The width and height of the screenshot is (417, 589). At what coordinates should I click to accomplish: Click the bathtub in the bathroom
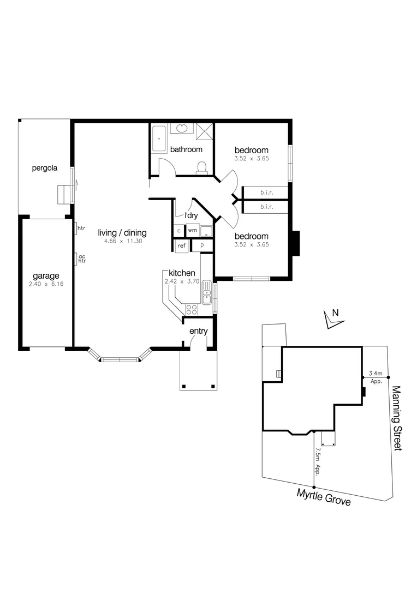(159, 139)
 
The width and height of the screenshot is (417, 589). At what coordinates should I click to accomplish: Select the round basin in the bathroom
(181, 129)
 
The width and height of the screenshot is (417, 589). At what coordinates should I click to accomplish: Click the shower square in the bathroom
(205, 131)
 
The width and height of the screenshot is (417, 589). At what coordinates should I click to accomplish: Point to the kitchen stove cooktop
(192, 309)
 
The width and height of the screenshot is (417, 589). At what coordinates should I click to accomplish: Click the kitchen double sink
(206, 293)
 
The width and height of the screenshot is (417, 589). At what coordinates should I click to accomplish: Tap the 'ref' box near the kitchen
(181, 246)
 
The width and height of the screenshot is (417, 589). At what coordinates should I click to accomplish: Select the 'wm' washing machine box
(192, 231)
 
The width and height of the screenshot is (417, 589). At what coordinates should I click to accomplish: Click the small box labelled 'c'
(179, 231)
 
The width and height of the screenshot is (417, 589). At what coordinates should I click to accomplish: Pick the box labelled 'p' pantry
(201, 246)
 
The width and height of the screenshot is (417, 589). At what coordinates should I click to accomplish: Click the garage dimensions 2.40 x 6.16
(46, 284)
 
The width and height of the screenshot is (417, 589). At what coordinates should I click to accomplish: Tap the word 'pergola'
(44, 168)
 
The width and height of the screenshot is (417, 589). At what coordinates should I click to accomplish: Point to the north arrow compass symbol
(332, 319)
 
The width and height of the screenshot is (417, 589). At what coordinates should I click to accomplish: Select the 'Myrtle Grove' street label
(324, 497)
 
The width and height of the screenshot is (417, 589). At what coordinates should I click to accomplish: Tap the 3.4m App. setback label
(376, 377)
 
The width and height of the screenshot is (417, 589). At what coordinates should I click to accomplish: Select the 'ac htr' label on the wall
(82, 259)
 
